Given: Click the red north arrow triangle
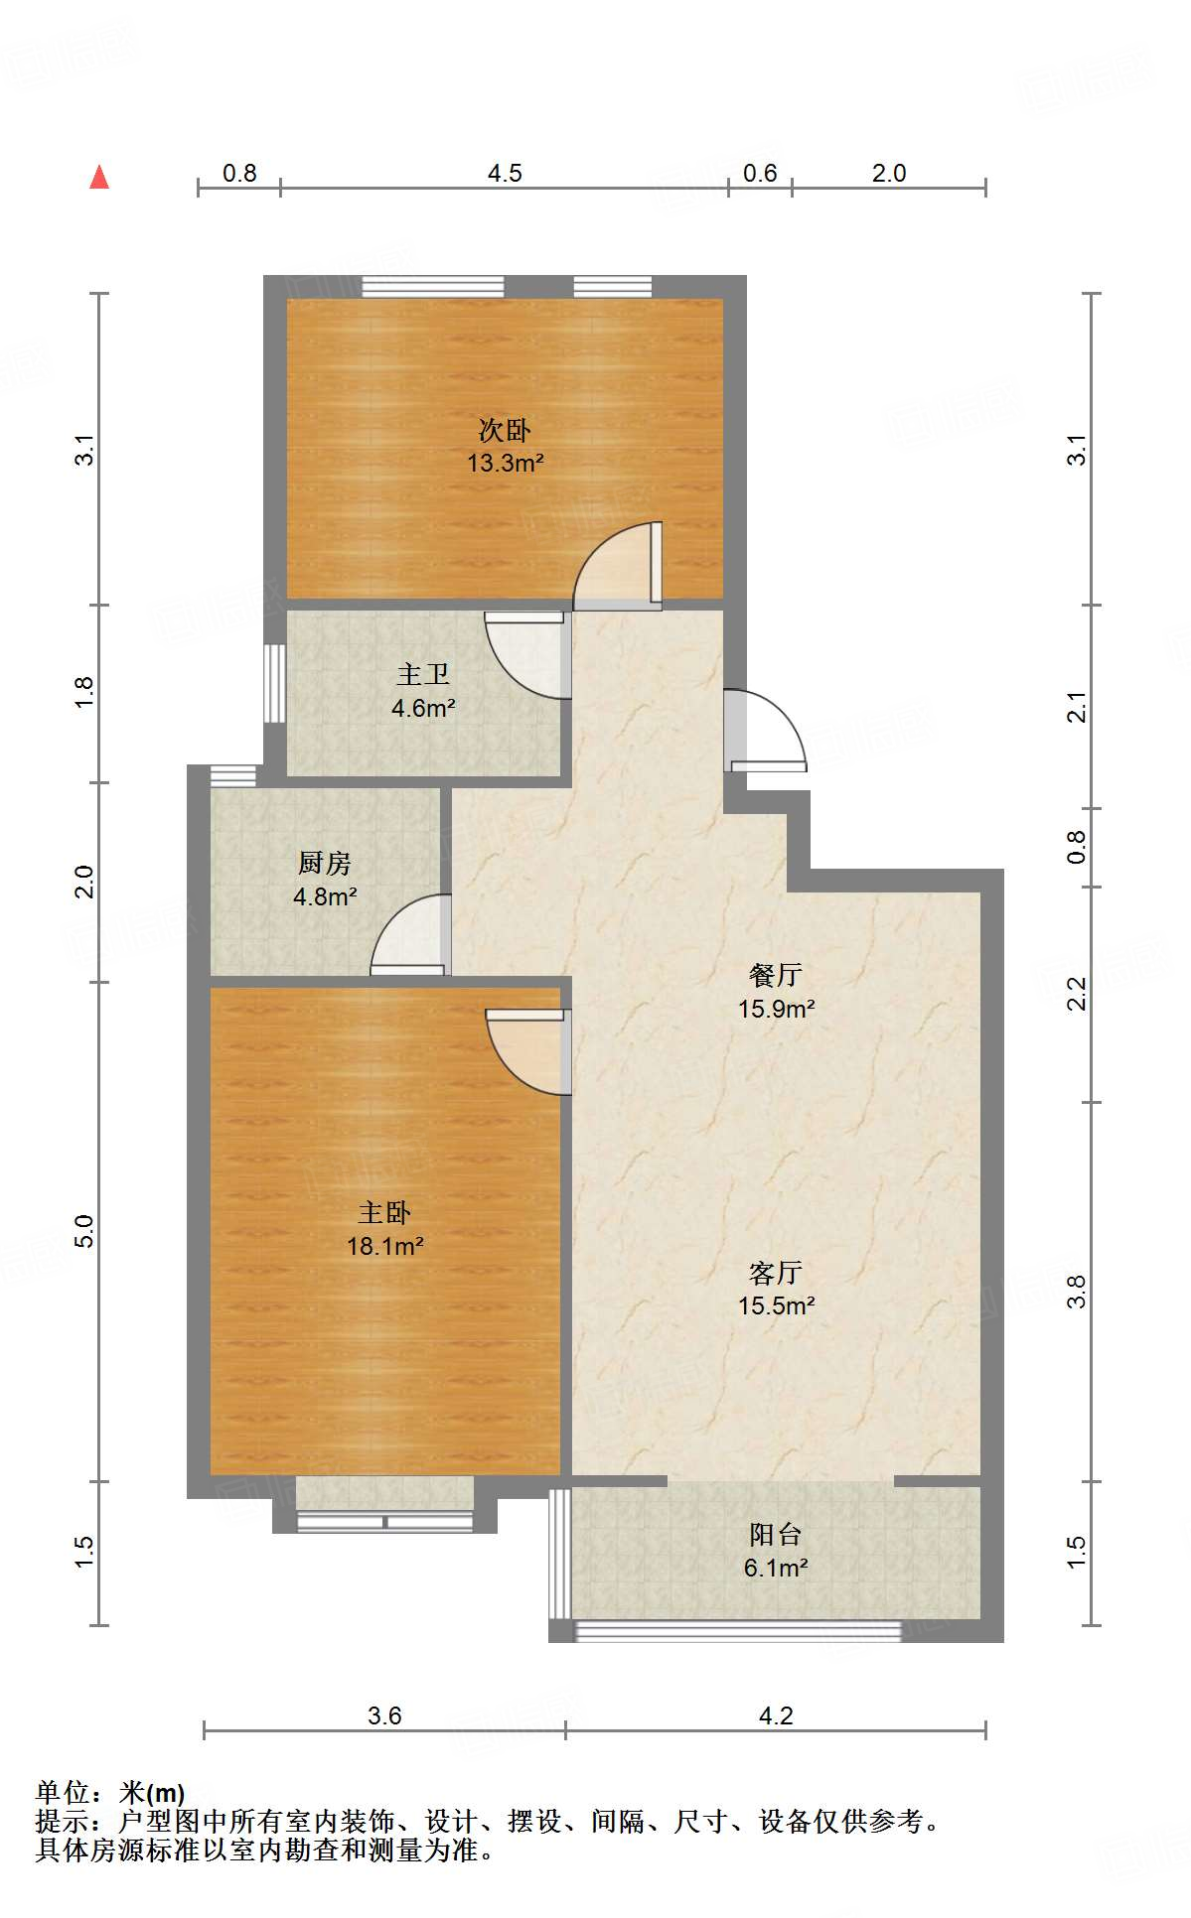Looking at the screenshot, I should pyautogui.click(x=99, y=178).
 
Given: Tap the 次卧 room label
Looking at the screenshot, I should pyautogui.click(x=505, y=431).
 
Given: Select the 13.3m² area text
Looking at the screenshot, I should pyautogui.click(x=505, y=463).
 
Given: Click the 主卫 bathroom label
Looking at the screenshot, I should pyautogui.click(x=423, y=675).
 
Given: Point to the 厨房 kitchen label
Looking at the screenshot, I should pyautogui.click(x=325, y=864).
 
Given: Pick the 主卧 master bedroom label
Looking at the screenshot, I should pyautogui.click(x=384, y=1213).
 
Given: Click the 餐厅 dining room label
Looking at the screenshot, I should pyautogui.click(x=776, y=976).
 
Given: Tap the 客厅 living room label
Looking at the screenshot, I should pyautogui.click(x=776, y=1273).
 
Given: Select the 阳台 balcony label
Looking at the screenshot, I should pyautogui.click(x=776, y=1535).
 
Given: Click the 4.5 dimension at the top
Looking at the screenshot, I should pyautogui.click(x=505, y=174).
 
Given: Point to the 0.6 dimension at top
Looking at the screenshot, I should pyautogui.click(x=760, y=174).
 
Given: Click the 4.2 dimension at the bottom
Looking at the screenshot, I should pyautogui.click(x=776, y=1716).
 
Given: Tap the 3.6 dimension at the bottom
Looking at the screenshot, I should pyautogui.click(x=384, y=1716).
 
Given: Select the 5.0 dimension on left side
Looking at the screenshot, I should pyautogui.click(x=85, y=1231).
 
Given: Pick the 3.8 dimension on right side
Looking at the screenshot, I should pyautogui.click(x=1077, y=1292).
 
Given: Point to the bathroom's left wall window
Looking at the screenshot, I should pyautogui.click(x=274, y=684).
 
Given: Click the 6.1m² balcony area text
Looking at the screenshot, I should pyautogui.click(x=776, y=1569).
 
